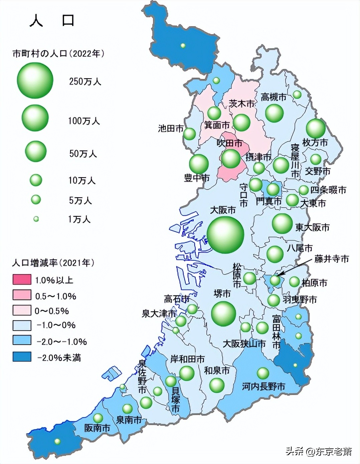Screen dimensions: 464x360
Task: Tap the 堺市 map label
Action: coord(222,294)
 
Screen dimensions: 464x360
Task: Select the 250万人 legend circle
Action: coord(35,81)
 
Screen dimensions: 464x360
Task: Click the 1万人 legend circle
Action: coord(36,219)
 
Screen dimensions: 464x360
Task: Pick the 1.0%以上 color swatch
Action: coord(22,279)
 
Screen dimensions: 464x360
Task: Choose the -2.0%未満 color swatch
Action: coord(22,357)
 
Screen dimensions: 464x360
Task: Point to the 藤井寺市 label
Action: coord(332,259)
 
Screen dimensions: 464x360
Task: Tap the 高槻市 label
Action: coord(274,97)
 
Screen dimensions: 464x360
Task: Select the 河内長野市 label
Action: coord(263,386)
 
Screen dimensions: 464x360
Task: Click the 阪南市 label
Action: coord(97,428)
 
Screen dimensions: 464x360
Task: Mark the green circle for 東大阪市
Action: coord(282,223)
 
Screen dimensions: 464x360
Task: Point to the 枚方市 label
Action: coord(315,142)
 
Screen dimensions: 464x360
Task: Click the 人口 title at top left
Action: coord(52,21)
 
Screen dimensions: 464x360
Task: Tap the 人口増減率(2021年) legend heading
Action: coord(53,263)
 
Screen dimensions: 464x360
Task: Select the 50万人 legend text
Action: coord(83,153)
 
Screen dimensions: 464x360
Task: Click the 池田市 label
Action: coord(171,128)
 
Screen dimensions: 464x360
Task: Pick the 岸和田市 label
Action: coord(187,359)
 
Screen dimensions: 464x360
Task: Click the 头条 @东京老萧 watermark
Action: coord(319,451)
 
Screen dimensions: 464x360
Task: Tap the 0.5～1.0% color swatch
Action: coord(22,295)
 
